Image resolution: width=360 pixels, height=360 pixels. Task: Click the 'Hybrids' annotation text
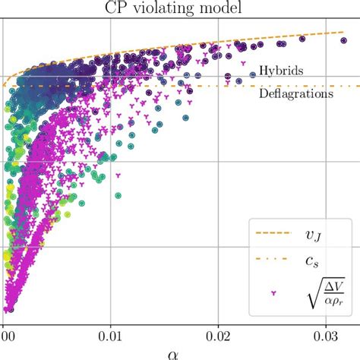click(x=281, y=71)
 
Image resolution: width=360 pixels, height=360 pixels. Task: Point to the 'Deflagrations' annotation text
click(x=295, y=95)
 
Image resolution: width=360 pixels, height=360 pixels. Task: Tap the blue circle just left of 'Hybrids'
click(x=253, y=74)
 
